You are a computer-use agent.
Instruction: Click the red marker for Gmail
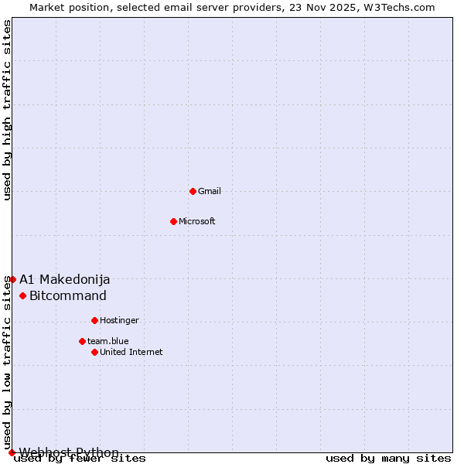[x=193, y=191]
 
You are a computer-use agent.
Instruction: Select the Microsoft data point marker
[x=173, y=221]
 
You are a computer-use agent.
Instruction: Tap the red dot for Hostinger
[x=94, y=320]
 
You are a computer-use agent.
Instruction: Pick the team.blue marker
[x=82, y=341]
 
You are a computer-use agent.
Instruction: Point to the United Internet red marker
[x=94, y=352]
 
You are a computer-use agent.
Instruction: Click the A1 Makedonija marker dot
[x=12, y=279]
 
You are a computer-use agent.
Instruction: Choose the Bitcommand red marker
[x=22, y=295]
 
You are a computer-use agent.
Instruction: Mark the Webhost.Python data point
[x=12, y=452]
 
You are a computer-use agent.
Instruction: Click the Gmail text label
[x=210, y=191]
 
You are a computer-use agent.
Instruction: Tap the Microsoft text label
[x=197, y=221]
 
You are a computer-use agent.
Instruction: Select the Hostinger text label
[x=119, y=320]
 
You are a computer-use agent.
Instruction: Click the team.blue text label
[x=108, y=341]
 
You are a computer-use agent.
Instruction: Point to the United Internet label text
[x=131, y=352]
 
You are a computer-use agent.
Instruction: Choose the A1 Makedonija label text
[x=65, y=279]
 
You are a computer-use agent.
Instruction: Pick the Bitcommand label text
[x=68, y=295]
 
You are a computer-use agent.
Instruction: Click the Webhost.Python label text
[x=70, y=452]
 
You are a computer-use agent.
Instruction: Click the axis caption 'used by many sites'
[x=388, y=459]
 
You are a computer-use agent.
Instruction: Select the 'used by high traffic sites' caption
[x=8, y=110]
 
